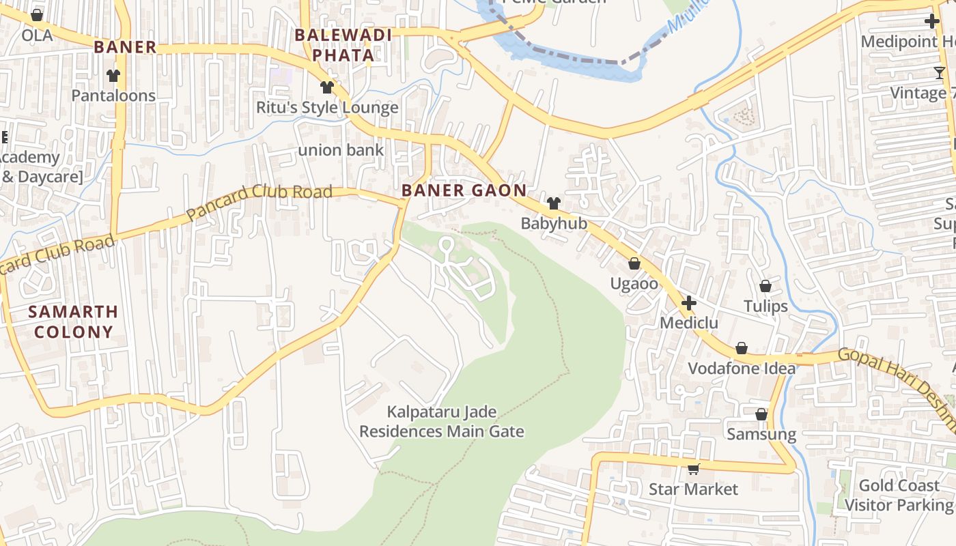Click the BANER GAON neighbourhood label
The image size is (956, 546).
[x=464, y=190]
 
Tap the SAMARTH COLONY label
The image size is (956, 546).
[x=73, y=322]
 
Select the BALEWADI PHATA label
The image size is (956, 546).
[x=343, y=45]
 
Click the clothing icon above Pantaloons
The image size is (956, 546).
[x=113, y=76]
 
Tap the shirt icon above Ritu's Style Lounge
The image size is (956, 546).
[x=327, y=87]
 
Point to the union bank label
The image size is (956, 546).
[x=341, y=150]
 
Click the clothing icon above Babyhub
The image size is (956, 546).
[x=554, y=203]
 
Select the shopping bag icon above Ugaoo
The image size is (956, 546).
[x=634, y=263]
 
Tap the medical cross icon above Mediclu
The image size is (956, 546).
[x=688, y=302]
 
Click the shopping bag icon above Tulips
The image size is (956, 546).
[x=765, y=286]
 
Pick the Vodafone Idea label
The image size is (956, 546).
[x=742, y=369]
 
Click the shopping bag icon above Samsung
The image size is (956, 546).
[x=761, y=414]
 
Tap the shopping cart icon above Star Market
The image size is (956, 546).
[x=694, y=469]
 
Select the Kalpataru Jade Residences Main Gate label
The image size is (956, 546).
[x=442, y=422]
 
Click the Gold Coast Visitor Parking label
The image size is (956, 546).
[x=899, y=495]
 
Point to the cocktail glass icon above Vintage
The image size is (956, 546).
[x=940, y=73]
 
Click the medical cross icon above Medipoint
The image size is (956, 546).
[x=932, y=21]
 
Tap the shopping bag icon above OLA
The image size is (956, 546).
[x=37, y=15]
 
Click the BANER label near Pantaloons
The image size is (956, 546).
[x=125, y=47]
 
